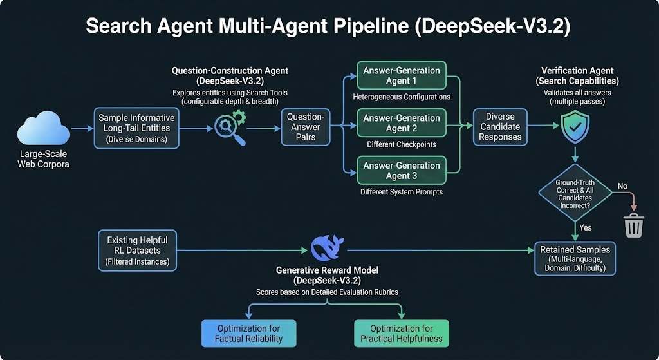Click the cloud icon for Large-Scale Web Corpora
tap(43, 129)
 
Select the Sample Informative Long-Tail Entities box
tap(136, 128)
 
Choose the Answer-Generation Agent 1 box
tap(401, 75)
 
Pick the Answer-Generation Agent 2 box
tap(401, 123)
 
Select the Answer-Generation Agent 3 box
tap(401, 171)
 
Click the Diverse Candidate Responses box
tap(500, 127)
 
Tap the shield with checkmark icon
tap(575, 127)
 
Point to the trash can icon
tap(633, 225)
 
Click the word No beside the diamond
tap(622, 185)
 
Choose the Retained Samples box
tap(575, 258)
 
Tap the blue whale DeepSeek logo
tap(327, 248)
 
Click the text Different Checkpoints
tap(401, 144)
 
